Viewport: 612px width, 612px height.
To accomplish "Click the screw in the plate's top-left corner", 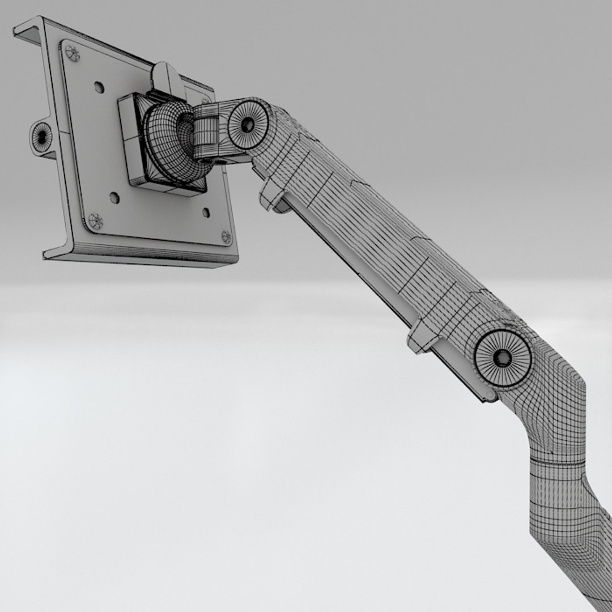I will [73, 53].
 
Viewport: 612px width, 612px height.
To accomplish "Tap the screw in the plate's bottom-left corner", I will [95, 221].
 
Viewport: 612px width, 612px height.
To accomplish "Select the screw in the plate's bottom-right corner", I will [226, 237].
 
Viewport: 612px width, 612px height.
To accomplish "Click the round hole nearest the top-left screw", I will [99, 87].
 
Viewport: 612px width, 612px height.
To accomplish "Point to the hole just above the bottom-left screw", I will [114, 198].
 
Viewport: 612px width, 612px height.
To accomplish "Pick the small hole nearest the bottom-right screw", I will [206, 213].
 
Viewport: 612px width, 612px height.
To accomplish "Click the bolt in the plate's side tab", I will [41, 137].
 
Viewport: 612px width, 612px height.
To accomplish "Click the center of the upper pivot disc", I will [248, 125].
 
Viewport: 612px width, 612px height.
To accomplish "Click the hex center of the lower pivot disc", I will [502, 358].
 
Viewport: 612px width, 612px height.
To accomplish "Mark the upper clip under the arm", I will [272, 195].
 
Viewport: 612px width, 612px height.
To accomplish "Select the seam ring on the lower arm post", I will [558, 462].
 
